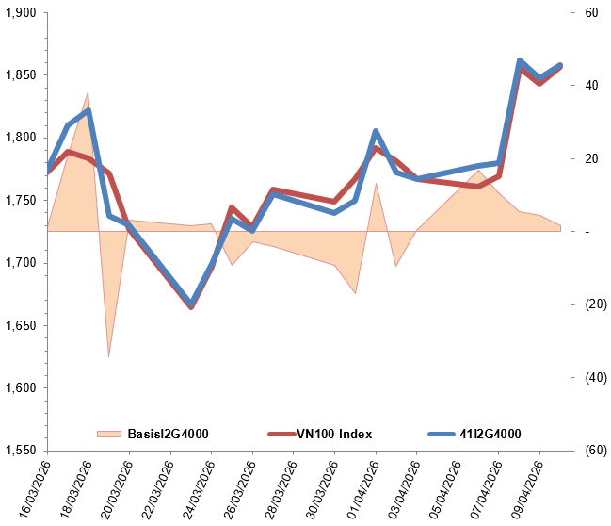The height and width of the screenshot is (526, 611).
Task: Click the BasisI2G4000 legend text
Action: pos(167,434)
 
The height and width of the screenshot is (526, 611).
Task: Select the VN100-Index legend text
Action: pos(334,434)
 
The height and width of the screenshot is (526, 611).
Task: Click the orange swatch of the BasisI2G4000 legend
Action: pos(109,434)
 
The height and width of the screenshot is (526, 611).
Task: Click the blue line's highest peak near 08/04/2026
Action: pos(520,61)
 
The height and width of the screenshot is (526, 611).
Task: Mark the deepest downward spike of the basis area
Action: pos(109,357)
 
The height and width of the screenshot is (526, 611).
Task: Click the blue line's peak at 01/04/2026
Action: pos(376,132)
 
